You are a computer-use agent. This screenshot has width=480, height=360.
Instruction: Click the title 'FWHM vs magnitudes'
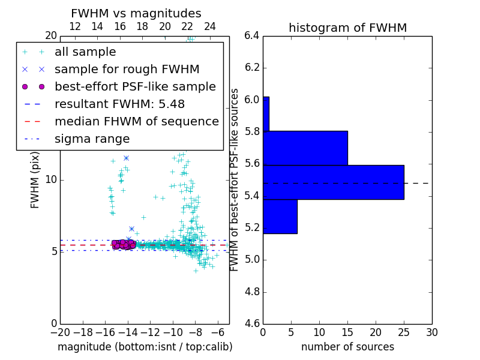(136, 14)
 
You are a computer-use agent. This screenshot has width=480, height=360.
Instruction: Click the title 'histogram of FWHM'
(347, 28)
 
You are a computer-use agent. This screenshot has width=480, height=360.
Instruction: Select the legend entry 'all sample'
(85, 52)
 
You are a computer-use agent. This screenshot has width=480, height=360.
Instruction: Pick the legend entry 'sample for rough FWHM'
(127, 69)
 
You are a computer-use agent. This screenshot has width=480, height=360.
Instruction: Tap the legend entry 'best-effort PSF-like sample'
(135, 86)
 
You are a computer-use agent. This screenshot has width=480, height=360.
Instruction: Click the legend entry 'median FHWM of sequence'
(136, 121)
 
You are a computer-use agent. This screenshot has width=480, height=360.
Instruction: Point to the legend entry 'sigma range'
(92, 139)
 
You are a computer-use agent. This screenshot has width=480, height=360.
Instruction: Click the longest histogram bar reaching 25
(333, 182)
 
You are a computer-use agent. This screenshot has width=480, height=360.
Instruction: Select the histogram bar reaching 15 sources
(305, 148)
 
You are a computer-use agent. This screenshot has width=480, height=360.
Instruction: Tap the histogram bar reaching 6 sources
(280, 216)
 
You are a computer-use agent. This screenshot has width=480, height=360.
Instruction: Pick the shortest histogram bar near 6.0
(266, 113)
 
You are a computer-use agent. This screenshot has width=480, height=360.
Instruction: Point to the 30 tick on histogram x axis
(431, 332)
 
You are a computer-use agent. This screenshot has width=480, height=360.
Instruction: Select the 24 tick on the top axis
(210, 26)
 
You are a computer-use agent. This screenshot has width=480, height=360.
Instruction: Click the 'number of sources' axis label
(347, 347)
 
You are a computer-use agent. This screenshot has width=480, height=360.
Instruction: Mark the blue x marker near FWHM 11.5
(126, 158)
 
